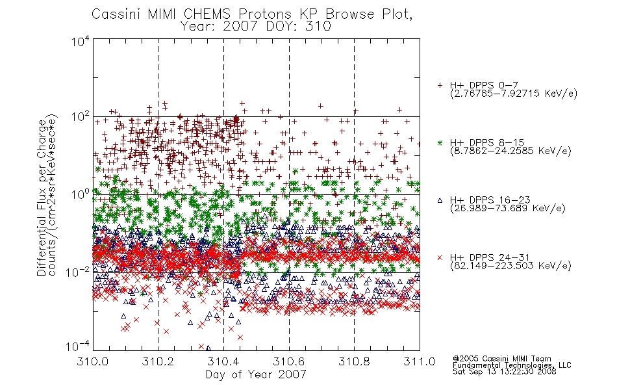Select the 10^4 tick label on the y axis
81,42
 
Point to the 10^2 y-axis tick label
81,117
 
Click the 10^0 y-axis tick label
81,194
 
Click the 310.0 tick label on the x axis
93,361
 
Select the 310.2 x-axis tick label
158,361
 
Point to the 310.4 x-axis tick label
223,361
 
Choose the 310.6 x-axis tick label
289,361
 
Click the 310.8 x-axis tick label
354,361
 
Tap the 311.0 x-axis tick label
420,361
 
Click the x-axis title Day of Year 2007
256,374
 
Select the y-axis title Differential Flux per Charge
42,197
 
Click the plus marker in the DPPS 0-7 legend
440,85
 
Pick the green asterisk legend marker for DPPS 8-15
440,142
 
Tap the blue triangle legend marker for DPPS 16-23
440,200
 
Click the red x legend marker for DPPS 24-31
440,257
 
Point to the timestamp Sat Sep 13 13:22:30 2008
505,372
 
